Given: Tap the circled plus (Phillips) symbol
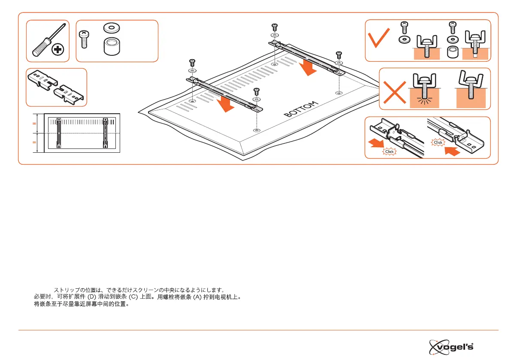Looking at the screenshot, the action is [57, 50].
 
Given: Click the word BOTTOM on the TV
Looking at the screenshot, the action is [301, 109].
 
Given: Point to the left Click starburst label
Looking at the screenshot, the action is [389, 151].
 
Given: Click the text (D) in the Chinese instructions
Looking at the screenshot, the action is [92, 296].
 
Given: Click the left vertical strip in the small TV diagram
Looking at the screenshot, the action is [59, 133].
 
